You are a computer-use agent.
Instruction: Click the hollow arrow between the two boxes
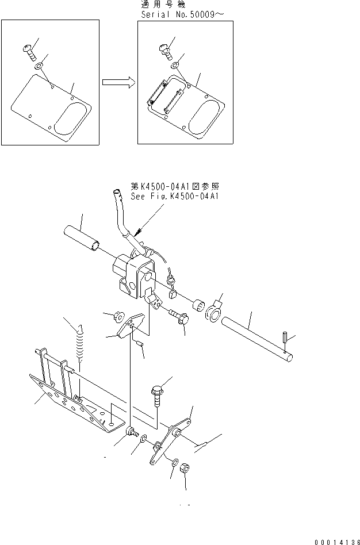coord(118,82)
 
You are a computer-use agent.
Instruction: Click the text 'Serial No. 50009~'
coord(182,14)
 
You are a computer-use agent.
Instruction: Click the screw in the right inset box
coord(166,51)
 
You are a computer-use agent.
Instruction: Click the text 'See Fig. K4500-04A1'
coord(175,197)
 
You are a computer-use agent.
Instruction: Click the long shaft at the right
coord(257,339)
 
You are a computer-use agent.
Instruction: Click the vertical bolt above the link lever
coord(156,395)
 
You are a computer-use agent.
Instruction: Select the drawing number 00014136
coord(336,542)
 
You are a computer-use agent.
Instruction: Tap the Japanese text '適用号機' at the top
coord(163,5)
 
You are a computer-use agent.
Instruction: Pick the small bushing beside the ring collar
coord(198,305)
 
